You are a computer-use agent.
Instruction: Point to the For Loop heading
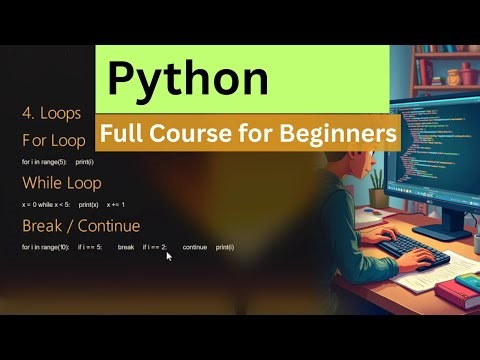pyautogui.click(x=55, y=140)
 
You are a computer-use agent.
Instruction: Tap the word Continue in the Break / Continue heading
pyautogui.click(x=109, y=225)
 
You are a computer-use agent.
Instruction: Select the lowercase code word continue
pyautogui.click(x=195, y=247)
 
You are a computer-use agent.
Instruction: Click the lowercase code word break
pyautogui.click(x=126, y=247)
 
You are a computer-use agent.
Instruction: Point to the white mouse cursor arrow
pyautogui.click(x=169, y=256)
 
